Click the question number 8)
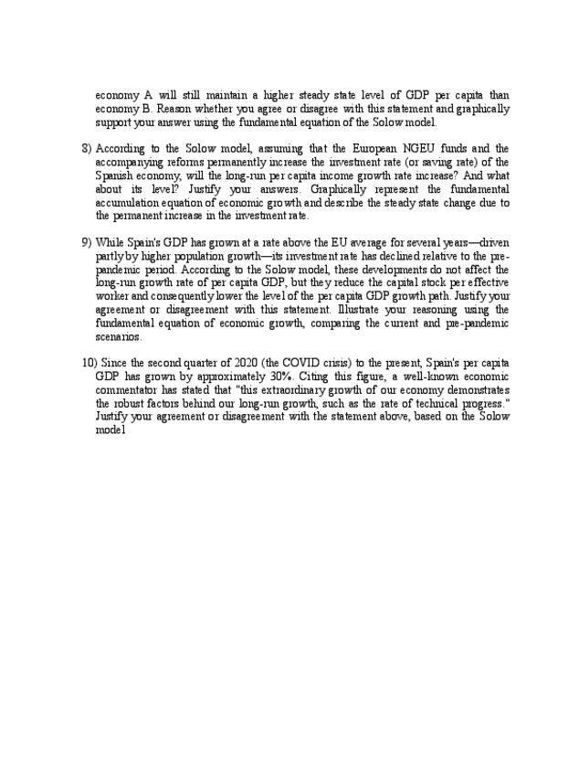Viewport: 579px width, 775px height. pos(87,148)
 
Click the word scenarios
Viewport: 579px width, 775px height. pos(119,337)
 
